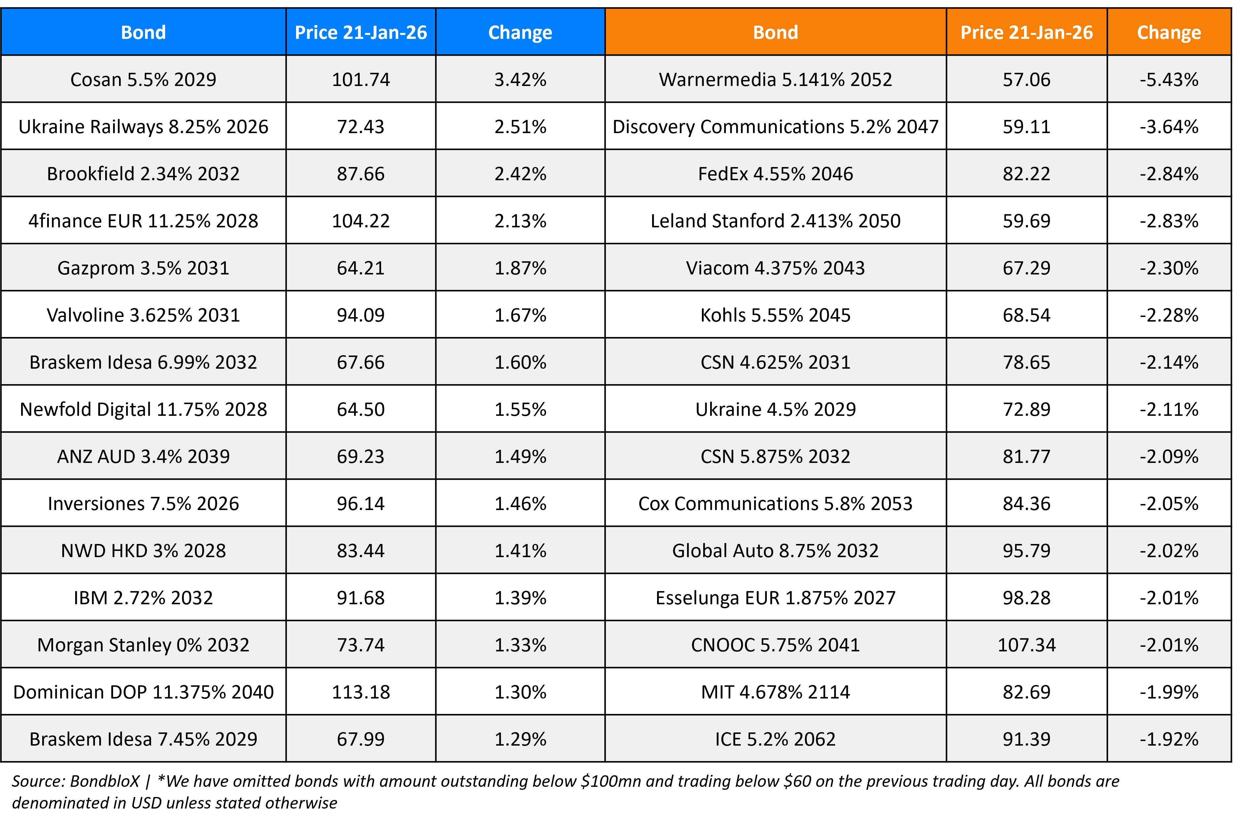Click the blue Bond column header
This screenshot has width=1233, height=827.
pyautogui.click(x=143, y=33)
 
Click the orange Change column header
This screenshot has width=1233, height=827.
pyautogui.click(x=1169, y=33)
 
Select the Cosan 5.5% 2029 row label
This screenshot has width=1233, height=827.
pyautogui.click(x=143, y=80)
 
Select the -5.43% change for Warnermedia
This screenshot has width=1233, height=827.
pyautogui.click(x=1169, y=80)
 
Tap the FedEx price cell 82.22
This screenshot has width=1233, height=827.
pyautogui.click(x=1026, y=174)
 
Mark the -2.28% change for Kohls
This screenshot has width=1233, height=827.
pyautogui.click(x=1169, y=315)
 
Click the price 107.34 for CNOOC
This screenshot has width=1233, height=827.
pyautogui.click(x=1026, y=644)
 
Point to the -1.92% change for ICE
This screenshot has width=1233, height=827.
pyautogui.click(x=1169, y=739)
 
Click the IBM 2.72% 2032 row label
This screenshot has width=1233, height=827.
pyautogui.click(x=143, y=598)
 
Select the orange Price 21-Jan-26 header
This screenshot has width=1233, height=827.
pyautogui.click(x=1026, y=33)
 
